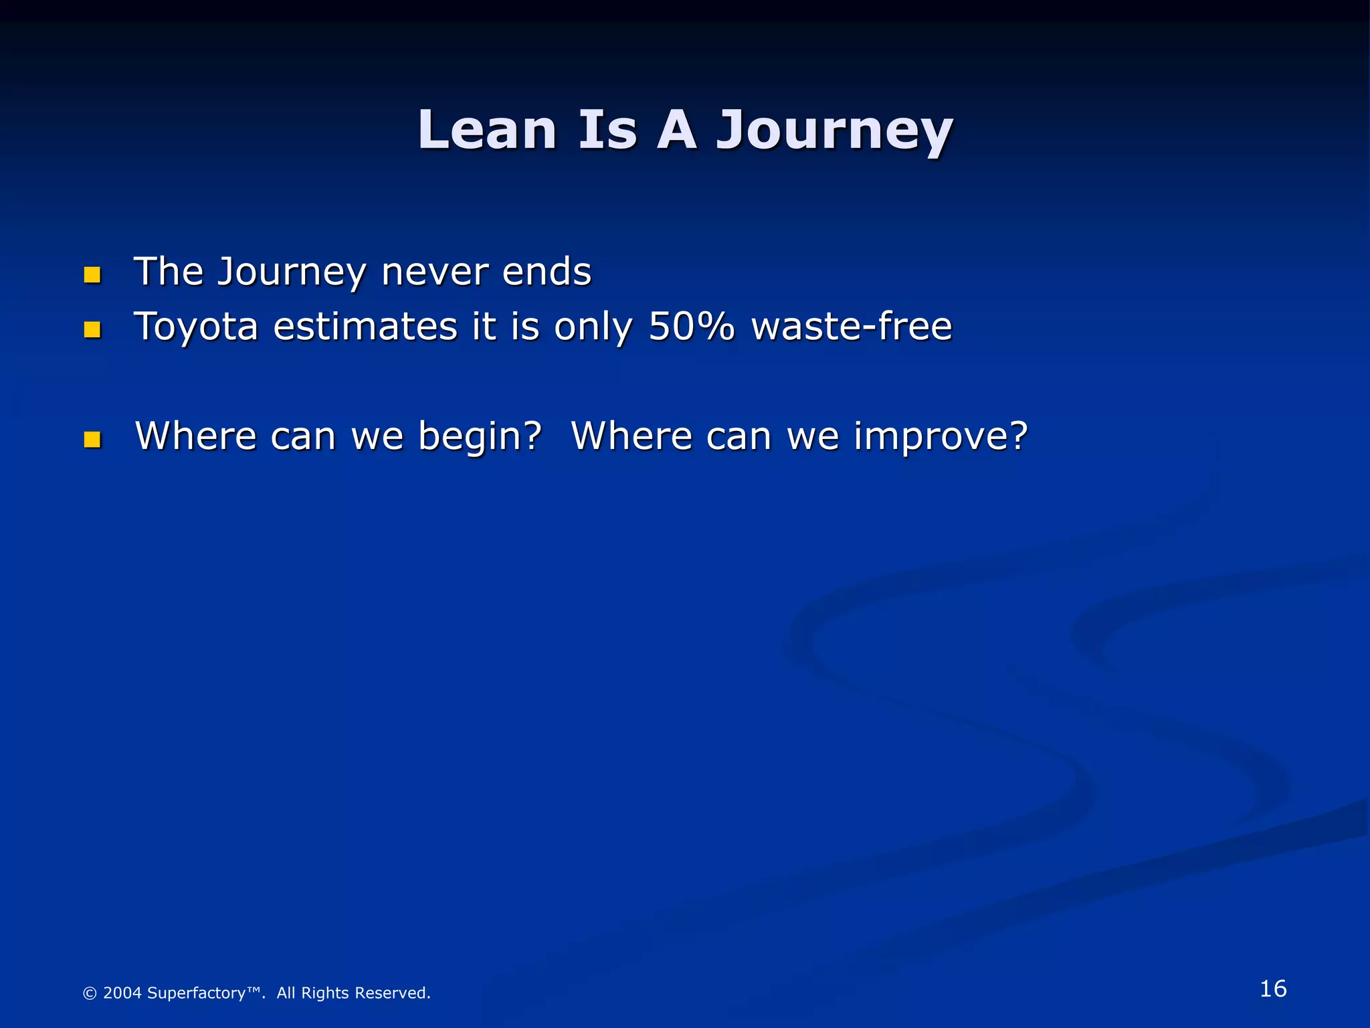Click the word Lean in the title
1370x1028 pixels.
pos(487,130)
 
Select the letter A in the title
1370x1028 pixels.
pos(676,130)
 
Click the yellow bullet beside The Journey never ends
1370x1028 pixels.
pos(92,274)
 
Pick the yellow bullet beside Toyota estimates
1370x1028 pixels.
pos(92,329)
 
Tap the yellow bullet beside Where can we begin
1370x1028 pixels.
pos(92,439)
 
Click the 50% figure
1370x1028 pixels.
pos(691,327)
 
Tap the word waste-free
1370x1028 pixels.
pos(851,327)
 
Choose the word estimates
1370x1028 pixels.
pos(365,327)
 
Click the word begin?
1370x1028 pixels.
pos(480,437)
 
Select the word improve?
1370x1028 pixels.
pos(940,437)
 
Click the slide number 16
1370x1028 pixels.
pos(1272,989)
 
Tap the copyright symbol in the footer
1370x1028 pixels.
pos(90,993)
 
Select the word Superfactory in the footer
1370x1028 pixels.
pos(196,993)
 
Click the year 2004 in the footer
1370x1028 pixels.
pos(122,993)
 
